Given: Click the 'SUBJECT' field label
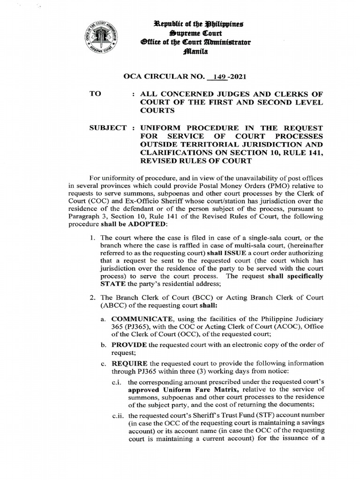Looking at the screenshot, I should click(106, 127).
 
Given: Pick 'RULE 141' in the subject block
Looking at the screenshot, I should click(305, 152).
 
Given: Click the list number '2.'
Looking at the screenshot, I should click(92, 298).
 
